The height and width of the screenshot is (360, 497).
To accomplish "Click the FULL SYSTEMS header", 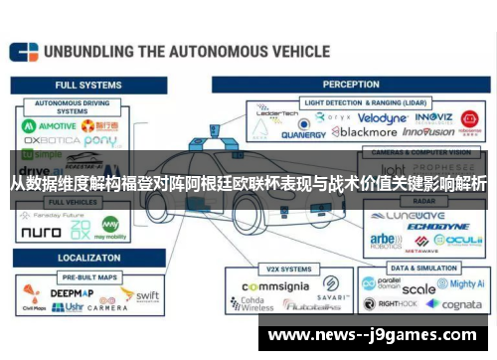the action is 82,85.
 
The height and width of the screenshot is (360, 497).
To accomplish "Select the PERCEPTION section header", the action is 351,85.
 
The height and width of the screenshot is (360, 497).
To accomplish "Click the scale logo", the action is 417,289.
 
